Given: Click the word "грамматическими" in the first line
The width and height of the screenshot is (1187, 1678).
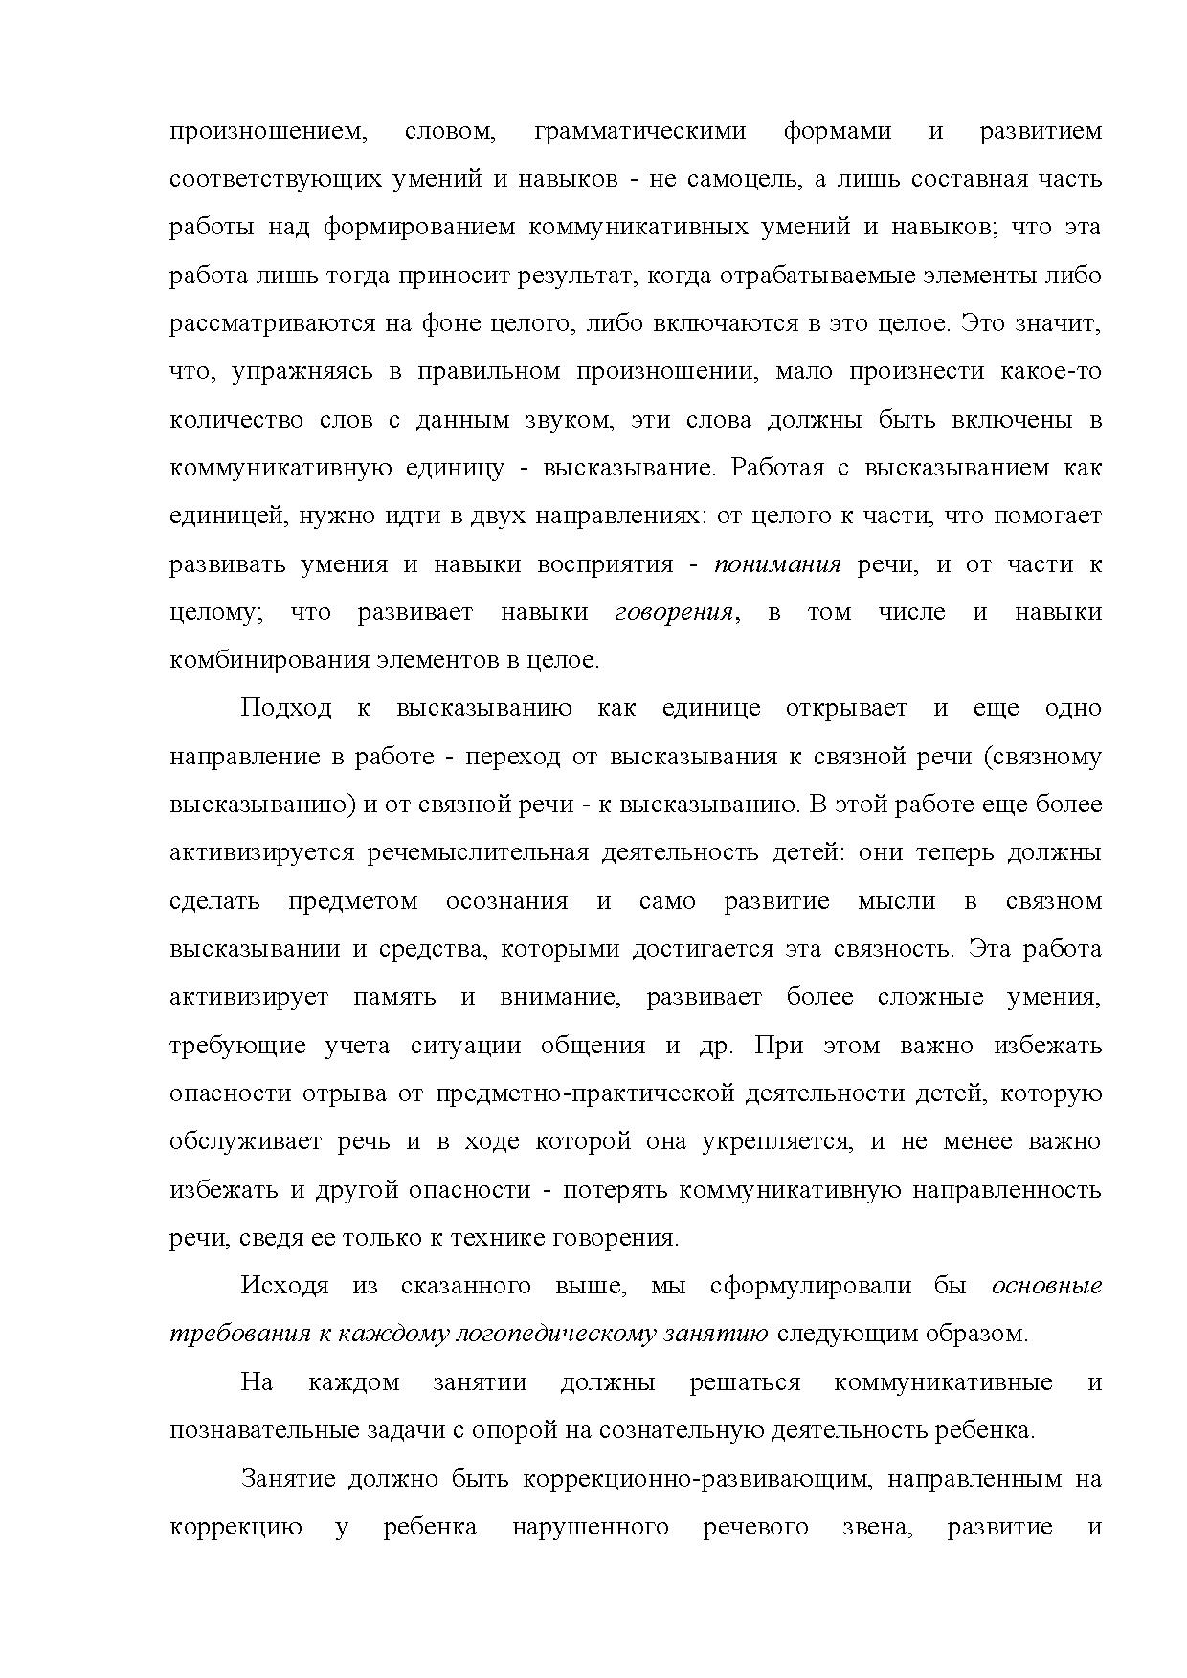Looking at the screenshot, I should (x=638, y=131).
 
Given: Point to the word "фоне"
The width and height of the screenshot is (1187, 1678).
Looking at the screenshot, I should (x=444, y=323).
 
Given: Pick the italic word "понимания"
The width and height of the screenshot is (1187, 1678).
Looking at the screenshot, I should (x=777, y=564).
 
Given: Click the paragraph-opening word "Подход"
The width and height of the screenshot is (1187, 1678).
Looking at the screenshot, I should (x=286, y=709).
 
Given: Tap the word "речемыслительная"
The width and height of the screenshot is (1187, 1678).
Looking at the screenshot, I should (x=477, y=852).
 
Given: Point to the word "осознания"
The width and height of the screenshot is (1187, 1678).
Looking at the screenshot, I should (x=506, y=901).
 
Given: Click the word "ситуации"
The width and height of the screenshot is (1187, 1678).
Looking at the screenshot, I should (x=465, y=1046).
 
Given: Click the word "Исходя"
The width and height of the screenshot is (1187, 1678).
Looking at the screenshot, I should (x=284, y=1286).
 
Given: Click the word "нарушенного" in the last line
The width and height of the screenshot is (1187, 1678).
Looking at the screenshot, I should (x=591, y=1527).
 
